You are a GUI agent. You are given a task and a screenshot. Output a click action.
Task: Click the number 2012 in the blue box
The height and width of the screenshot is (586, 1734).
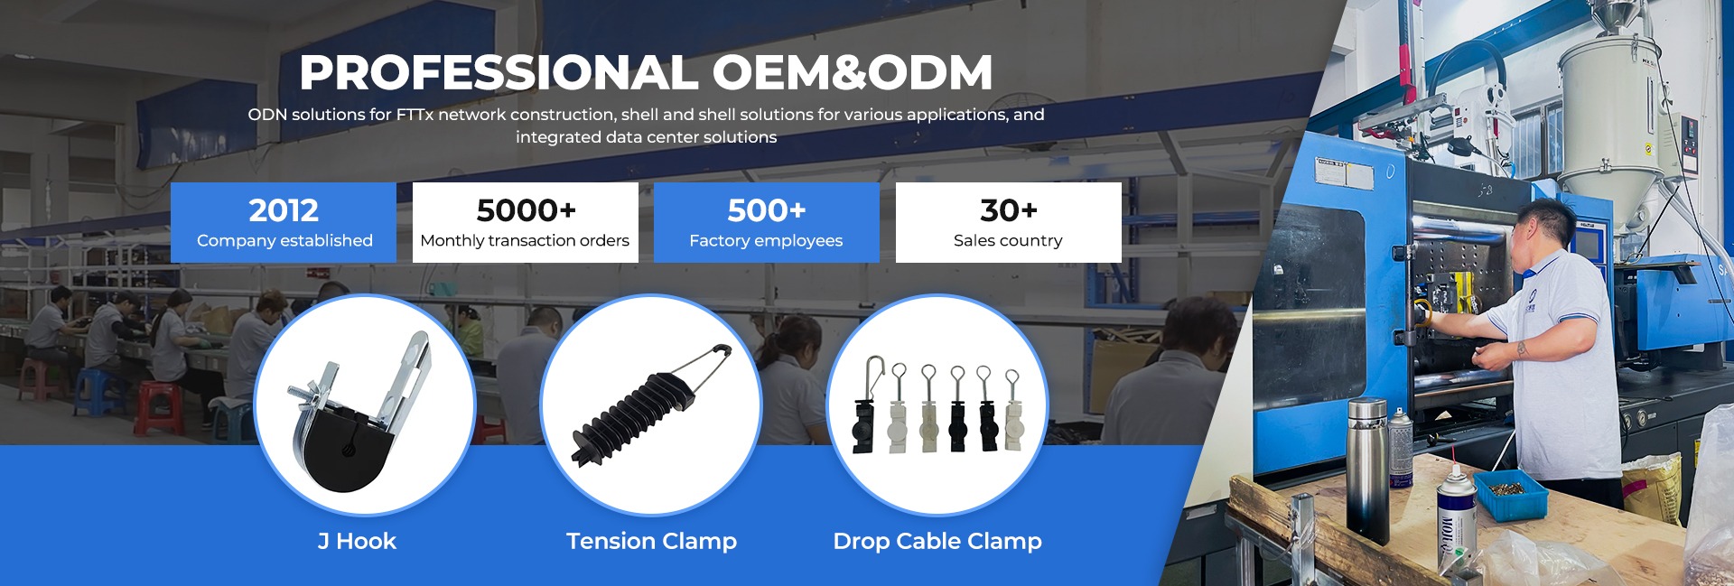point(284,210)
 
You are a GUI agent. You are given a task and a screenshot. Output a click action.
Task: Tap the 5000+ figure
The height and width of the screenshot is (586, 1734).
point(526,210)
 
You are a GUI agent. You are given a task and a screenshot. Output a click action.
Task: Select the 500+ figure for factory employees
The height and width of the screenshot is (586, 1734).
point(766,210)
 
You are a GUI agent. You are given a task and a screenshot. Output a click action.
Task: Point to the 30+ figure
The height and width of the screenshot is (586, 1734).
point(1008,210)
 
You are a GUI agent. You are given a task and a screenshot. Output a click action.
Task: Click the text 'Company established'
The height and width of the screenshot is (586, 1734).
point(284,240)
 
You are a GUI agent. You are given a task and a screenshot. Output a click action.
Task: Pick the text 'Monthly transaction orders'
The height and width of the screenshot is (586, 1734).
point(525,240)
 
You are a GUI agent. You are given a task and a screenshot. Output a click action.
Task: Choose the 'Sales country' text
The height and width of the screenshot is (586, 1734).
point(1008,240)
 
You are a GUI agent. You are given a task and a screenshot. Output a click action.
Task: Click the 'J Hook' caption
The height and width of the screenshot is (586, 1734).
point(357,541)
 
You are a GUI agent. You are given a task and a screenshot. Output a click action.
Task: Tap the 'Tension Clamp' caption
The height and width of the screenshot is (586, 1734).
point(651,541)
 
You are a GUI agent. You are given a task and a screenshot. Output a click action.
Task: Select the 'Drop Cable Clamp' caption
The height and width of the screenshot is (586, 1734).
point(937,541)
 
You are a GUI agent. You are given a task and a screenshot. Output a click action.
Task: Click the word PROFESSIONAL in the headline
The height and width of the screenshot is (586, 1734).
point(498,72)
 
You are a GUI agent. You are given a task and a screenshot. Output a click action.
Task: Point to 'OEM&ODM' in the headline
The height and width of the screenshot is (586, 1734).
point(853,72)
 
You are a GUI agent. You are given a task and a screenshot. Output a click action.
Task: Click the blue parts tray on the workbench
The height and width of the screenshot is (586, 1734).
point(1510,492)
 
